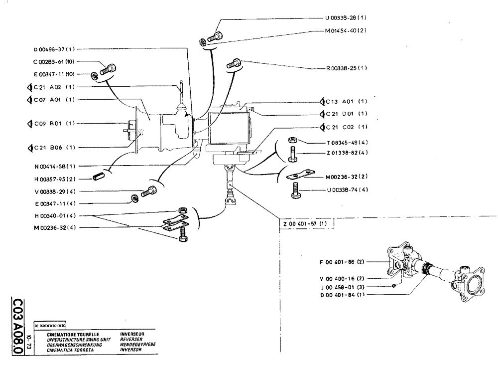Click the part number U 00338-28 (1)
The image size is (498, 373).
point(346,17)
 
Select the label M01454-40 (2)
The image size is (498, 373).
point(346,30)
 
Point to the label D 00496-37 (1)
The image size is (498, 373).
point(54,49)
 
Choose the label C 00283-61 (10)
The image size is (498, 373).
point(54,61)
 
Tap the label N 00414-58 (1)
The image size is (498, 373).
point(54,166)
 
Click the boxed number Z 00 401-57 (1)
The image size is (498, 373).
point(305,224)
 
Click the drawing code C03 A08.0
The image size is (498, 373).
point(17,327)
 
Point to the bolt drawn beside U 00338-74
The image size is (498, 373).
point(296,190)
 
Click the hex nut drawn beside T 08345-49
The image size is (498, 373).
point(293,141)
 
